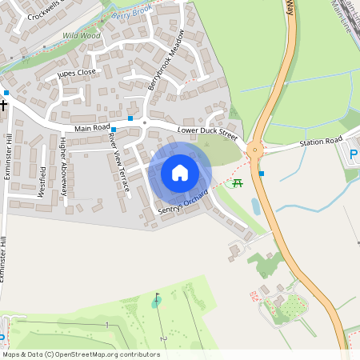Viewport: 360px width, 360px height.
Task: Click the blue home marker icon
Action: (x=180, y=172)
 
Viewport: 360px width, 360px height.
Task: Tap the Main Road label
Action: (x=91, y=128)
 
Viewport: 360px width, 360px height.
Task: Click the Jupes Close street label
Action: (x=77, y=73)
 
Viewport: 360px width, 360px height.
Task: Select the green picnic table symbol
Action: (x=238, y=183)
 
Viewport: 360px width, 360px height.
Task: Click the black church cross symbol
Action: (x=4, y=104)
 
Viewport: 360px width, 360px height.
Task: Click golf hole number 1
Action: (x=106, y=324)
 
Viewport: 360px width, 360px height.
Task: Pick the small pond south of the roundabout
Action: (x=255, y=206)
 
